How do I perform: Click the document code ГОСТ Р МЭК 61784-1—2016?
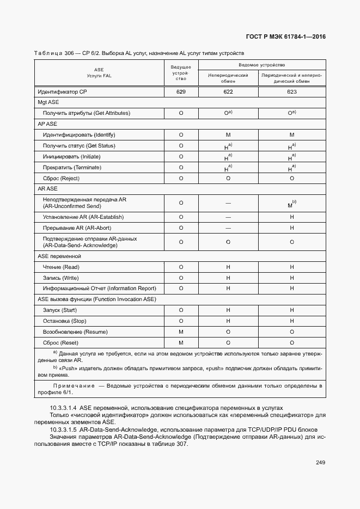coord(286,37)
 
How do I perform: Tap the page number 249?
coord(320,463)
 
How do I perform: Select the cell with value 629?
coord(181,92)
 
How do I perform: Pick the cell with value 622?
coord(228,92)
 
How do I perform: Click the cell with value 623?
coord(291,92)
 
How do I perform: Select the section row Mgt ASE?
coord(48,102)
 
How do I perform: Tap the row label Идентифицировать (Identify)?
coord(79,134)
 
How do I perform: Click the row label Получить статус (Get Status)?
coord(79,145)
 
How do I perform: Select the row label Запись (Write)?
coord(60,278)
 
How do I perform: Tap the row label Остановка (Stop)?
coord(64,321)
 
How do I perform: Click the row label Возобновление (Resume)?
coord(75,332)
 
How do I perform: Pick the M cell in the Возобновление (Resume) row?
coord(181,332)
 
